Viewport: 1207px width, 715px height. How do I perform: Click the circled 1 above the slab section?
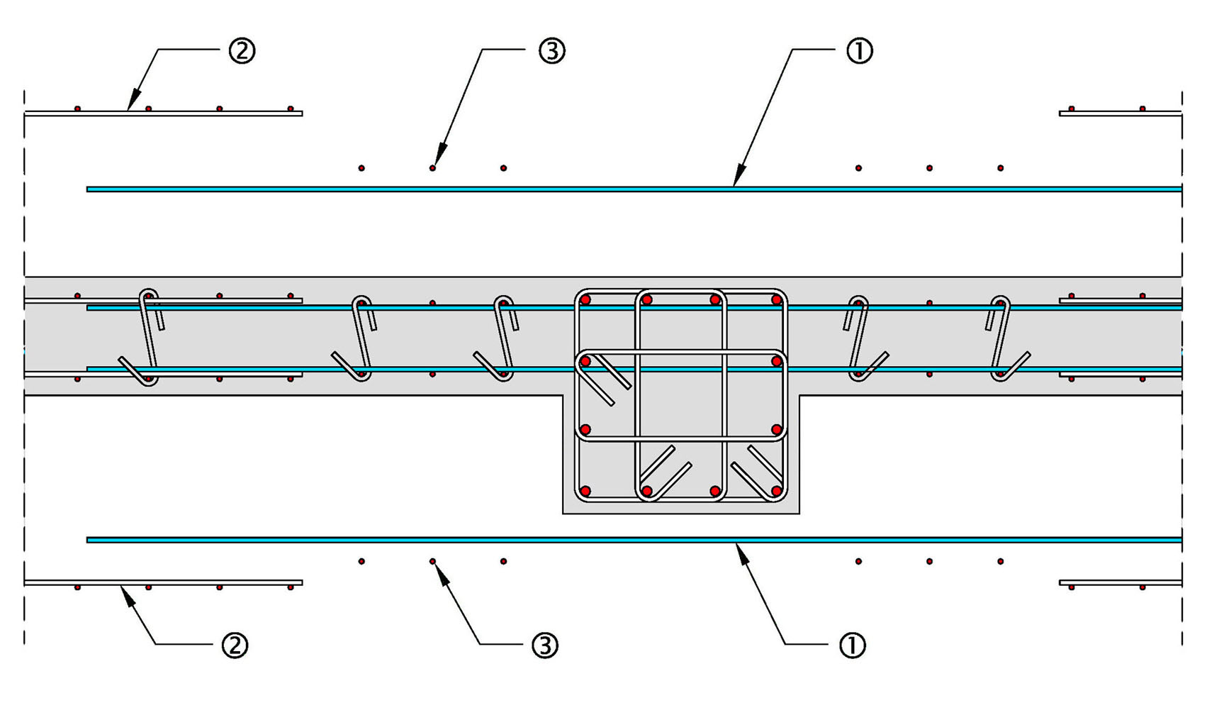pos(860,51)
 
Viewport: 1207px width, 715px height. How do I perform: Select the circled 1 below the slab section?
pos(852,645)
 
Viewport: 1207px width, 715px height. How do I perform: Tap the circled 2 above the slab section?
pos(242,51)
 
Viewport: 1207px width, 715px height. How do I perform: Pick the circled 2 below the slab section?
pos(235,645)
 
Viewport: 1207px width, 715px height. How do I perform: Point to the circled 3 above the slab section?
pos(552,51)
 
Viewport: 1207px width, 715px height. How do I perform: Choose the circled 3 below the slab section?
pos(545,645)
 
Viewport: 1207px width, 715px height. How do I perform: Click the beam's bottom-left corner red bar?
pos(585,491)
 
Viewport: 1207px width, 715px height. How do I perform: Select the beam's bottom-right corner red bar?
pos(777,491)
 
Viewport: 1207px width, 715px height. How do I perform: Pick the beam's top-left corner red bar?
pos(585,300)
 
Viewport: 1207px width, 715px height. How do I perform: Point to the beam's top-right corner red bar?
pos(777,300)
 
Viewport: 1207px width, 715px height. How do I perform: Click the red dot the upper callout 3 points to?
pos(432,168)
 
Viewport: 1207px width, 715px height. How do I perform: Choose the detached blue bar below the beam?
pos(634,541)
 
